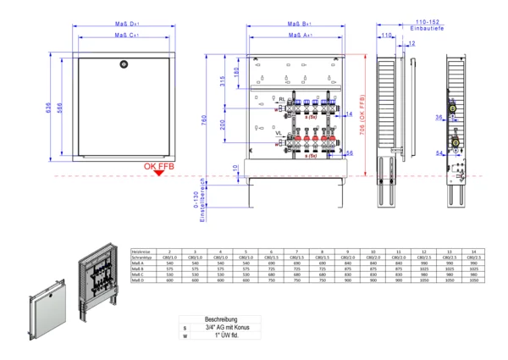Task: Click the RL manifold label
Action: pos(281,99)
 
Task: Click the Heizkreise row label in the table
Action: pos(141,251)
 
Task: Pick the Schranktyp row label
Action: pos(142,258)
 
